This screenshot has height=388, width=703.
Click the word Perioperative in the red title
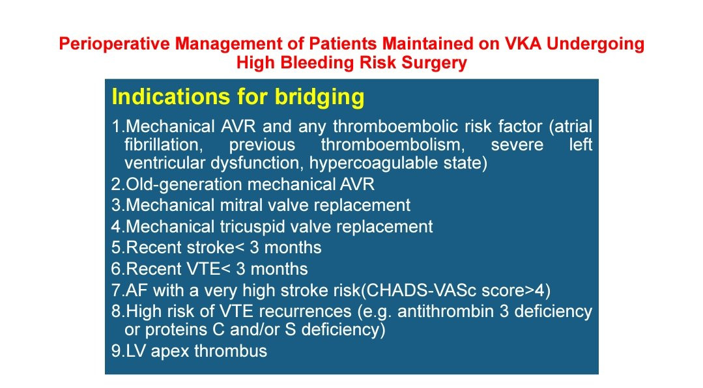pos(114,44)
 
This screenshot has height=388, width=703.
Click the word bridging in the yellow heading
pos(319,97)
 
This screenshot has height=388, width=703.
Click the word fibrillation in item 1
pos(162,145)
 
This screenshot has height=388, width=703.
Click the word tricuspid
pos(251,227)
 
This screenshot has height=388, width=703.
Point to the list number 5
pos(117,248)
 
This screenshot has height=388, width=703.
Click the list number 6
pos(117,270)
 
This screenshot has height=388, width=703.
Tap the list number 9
pos(117,352)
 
